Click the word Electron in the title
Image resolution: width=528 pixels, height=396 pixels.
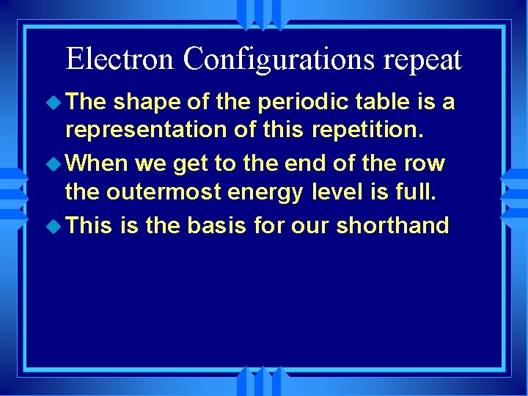tap(120, 59)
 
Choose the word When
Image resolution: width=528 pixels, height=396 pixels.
tap(100, 163)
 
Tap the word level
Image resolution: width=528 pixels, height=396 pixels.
tap(335, 191)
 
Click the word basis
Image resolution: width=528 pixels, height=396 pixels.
tap(218, 225)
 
